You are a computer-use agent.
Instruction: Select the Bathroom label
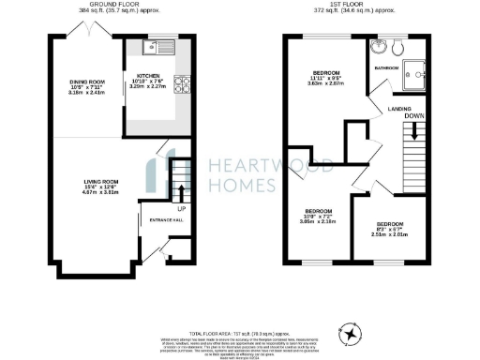(x=387, y=67)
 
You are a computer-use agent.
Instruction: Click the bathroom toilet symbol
(x=400, y=47)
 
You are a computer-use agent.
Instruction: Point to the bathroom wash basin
(x=377, y=47)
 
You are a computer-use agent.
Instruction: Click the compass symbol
(x=352, y=332)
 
